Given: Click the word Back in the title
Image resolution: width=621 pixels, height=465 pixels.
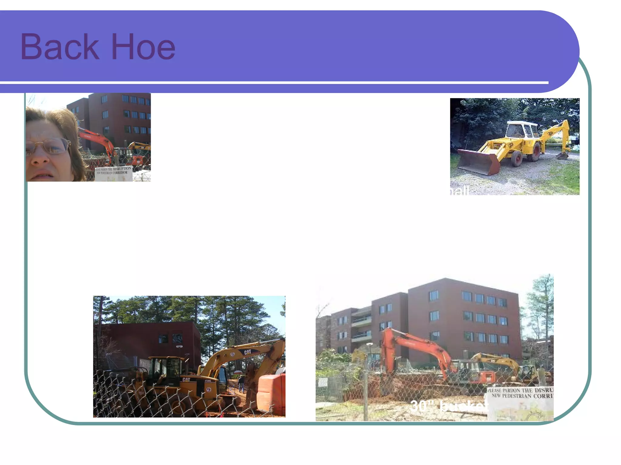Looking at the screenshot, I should [x=59, y=47].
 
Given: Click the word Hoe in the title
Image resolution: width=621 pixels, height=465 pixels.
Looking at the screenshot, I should [x=143, y=47].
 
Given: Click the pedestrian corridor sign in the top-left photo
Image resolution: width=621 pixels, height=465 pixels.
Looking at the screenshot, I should [x=114, y=173].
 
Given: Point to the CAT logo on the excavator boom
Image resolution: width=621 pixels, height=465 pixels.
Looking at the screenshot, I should [x=248, y=352].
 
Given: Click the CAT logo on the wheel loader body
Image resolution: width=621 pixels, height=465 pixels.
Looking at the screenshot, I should [x=186, y=379].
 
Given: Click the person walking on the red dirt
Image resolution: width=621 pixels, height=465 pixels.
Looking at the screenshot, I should [x=241, y=384].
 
